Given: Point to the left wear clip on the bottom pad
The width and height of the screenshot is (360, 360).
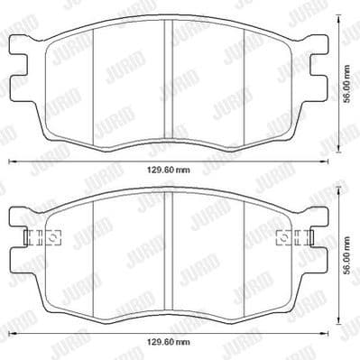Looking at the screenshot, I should click(x=42, y=239).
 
